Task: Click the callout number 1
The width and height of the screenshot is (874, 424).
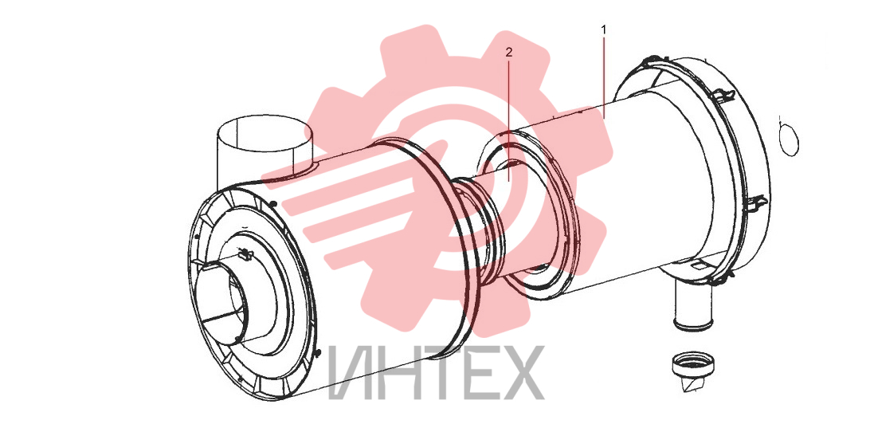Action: [602, 29]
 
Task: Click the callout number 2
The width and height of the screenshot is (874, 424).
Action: [508, 53]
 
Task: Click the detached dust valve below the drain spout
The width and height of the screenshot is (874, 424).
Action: [693, 371]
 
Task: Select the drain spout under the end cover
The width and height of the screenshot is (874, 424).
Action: [693, 304]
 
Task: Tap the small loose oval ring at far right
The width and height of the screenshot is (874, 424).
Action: [788, 136]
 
